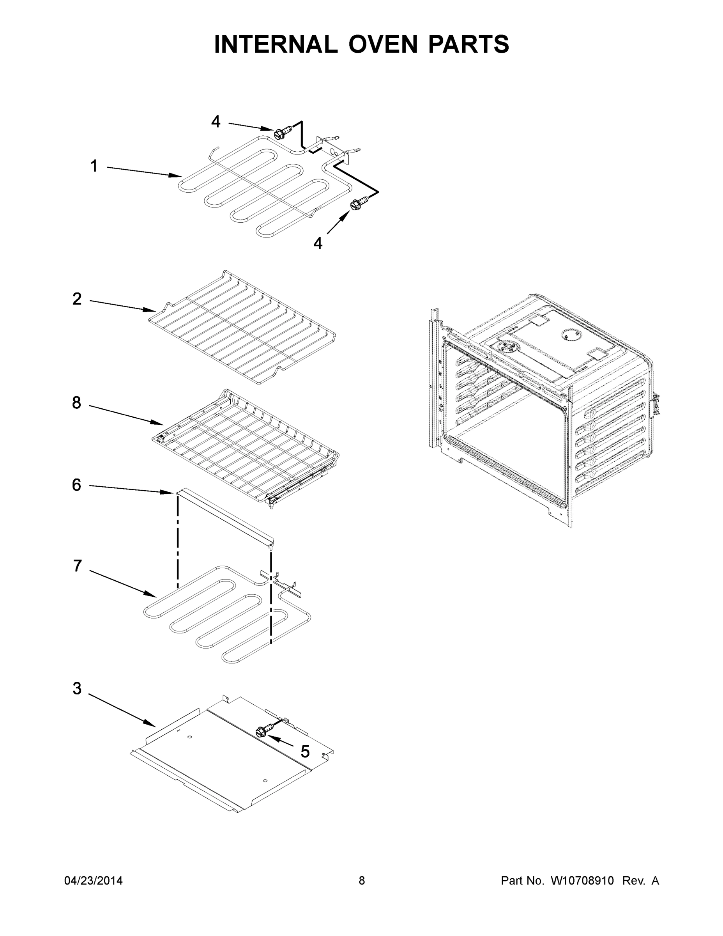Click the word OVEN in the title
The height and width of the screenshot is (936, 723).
click(x=382, y=44)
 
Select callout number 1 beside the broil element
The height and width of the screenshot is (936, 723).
click(x=94, y=166)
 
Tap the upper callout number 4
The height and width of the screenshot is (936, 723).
click(x=216, y=122)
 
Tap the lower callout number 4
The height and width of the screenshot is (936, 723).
click(x=317, y=243)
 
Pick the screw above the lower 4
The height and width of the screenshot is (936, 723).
click(x=359, y=202)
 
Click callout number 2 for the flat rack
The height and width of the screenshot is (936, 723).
click(x=77, y=299)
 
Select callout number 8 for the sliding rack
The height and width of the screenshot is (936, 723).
click(x=77, y=403)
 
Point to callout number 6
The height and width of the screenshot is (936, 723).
click(x=76, y=485)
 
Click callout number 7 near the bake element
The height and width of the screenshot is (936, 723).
click(x=77, y=566)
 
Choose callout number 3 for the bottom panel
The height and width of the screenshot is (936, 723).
click(x=77, y=689)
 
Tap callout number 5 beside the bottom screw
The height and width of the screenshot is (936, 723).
click(x=305, y=752)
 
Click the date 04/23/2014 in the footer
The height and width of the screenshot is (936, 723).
click(x=94, y=881)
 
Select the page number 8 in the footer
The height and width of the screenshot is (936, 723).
click(x=362, y=881)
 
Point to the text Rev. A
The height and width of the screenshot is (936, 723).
click(x=641, y=881)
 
